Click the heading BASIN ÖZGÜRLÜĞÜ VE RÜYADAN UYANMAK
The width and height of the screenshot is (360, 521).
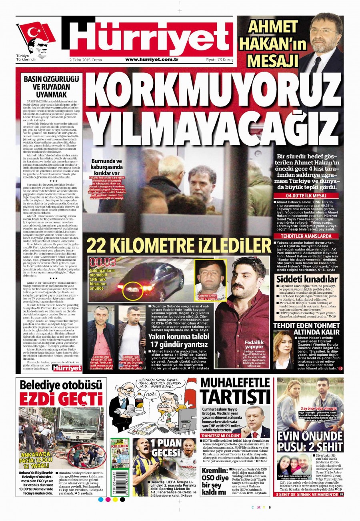[x=50, y=85]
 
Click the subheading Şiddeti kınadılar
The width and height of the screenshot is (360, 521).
[x=307, y=279]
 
